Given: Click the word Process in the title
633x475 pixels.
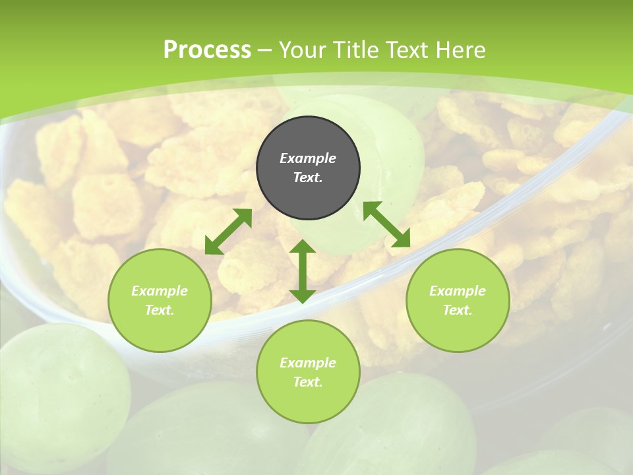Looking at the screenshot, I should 207,50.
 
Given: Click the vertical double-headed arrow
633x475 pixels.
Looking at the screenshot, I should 303,271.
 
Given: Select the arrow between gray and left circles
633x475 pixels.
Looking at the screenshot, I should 228,232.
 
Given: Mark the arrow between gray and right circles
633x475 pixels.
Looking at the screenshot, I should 386,224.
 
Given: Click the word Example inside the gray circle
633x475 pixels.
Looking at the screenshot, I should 308,158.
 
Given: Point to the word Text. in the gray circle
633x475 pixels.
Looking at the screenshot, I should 308,177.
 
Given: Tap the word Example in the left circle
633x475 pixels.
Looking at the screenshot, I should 160,291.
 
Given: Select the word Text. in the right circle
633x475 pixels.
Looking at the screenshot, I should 458,310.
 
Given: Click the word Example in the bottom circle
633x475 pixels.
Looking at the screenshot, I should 308,363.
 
